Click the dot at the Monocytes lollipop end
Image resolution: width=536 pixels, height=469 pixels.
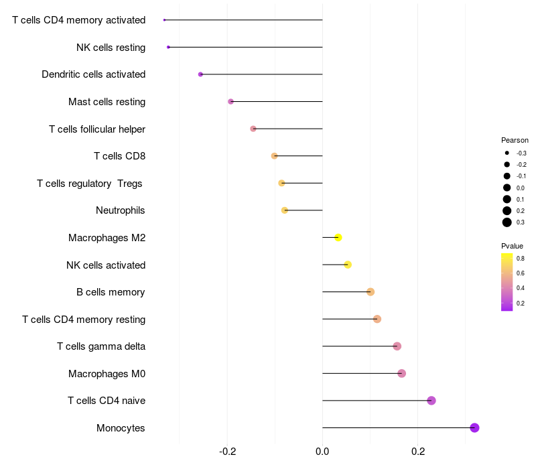pos(474,427)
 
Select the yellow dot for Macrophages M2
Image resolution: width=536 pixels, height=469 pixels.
pos(338,238)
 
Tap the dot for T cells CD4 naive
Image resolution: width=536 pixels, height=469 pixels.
pos(431,401)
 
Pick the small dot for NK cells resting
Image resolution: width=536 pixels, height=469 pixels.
pos(168,47)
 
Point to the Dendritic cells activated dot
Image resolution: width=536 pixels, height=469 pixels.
pos(200,74)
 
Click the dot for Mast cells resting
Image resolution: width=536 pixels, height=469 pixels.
pos(231,102)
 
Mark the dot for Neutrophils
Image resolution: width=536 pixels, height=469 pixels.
pos(285,210)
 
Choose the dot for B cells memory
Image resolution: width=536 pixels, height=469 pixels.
pos(371,291)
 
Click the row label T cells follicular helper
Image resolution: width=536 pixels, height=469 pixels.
pos(97,129)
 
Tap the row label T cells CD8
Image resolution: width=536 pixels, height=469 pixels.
pos(119,156)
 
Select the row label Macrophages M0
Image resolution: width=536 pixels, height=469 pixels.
pos(107,373)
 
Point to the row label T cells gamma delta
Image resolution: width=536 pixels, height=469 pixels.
pos(101,346)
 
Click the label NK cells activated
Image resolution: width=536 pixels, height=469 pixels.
pos(106,265)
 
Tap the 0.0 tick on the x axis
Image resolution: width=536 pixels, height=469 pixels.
pos(322,450)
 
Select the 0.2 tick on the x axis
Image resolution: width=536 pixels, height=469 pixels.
pos(418,450)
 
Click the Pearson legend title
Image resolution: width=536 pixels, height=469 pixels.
pos(515,141)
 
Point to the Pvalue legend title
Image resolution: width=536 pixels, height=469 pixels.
pos(512,246)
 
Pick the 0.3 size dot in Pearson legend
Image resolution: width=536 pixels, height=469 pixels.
pos(507,222)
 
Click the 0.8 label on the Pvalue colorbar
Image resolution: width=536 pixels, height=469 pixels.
pos(521,258)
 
